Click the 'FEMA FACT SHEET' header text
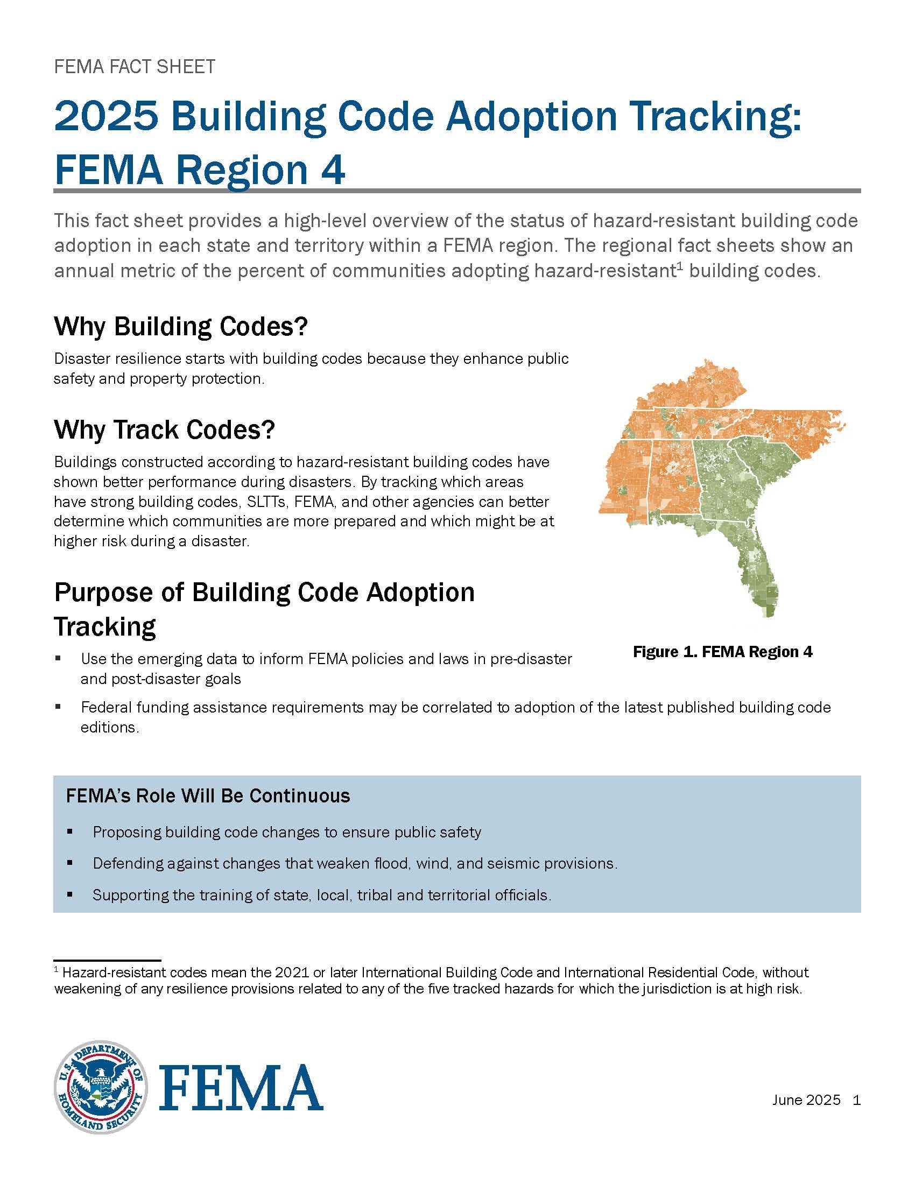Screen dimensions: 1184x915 pyautogui.click(x=135, y=67)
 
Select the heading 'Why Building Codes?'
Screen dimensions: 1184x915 pyautogui.click(x=180, y=326)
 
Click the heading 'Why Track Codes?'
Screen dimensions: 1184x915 pyautogui.click(x=164, y=429)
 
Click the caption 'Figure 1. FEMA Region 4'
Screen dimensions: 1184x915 pyautogui.click(x=722, y=652)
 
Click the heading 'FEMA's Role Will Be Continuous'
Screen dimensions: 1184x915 pyautogui.click(x=208, y=796)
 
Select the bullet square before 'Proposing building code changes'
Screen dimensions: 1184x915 pyautogui.click(x=69, y=831)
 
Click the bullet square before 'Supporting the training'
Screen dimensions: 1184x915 pyautogui.click(x=69, y=894)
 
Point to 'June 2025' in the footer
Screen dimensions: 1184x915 pyautogui.click(x=806, y=1100)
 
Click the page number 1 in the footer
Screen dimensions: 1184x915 pyautogui.click(x=856, y=1100)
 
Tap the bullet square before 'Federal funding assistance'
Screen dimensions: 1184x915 pyautogui.click(x=58, y=707)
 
